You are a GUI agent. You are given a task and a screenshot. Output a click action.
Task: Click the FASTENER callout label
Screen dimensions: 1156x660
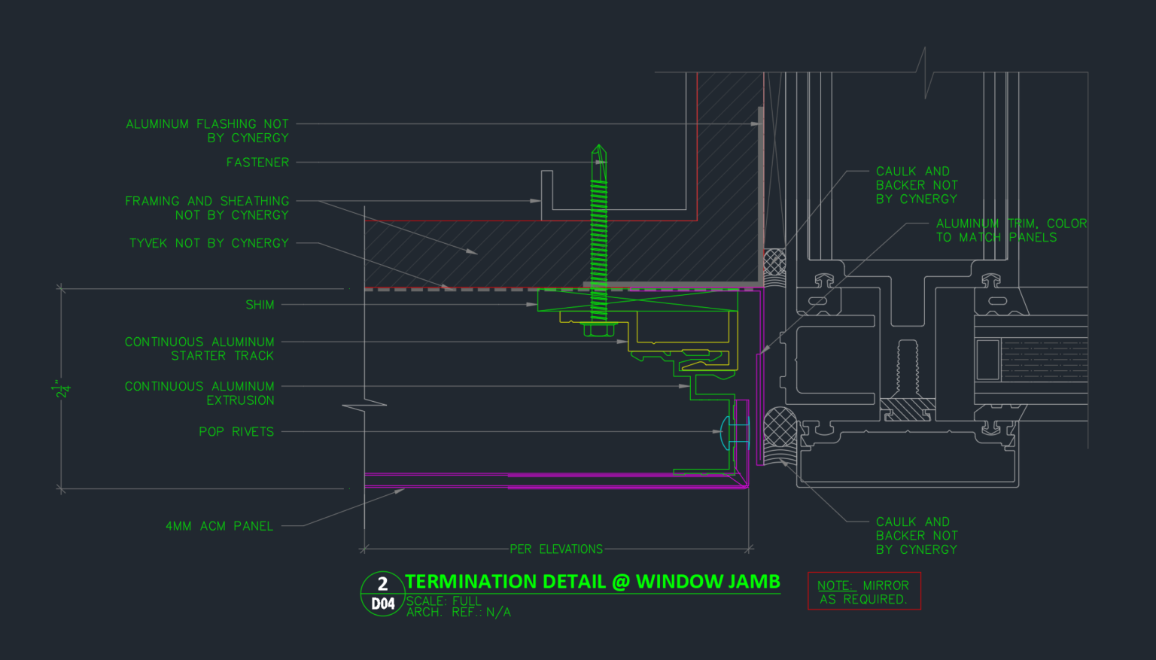tap(257, 163)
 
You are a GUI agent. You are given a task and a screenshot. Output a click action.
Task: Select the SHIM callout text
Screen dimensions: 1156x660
tap(260, 305)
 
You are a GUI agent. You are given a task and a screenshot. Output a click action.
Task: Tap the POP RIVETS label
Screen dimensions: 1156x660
tap(236, 432)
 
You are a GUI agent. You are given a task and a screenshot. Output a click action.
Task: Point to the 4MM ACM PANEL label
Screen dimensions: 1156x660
tap(219, 526)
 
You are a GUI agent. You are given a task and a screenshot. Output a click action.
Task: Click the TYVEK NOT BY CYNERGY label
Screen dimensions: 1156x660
tap(209, 243)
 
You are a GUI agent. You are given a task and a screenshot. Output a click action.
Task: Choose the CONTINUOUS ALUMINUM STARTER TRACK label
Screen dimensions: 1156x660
tap(199, 349)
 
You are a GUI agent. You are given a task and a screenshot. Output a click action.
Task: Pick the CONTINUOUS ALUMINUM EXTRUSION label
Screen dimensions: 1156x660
tap(199, 393)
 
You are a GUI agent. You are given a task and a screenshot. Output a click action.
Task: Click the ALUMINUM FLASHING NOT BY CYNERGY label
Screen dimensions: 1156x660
tap(208, 131)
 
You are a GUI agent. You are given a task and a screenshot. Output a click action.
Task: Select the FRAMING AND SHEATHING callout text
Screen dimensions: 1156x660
tap(207, 208)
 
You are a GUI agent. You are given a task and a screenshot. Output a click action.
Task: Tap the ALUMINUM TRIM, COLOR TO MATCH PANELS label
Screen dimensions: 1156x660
tap(1011, 231)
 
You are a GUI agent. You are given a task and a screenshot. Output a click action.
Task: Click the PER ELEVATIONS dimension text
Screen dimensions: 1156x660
tap(556, 549)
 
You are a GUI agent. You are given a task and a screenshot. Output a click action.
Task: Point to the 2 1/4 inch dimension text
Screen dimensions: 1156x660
tap(62, 390)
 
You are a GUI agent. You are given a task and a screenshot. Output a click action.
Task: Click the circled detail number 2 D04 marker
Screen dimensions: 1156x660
tap(382, 594)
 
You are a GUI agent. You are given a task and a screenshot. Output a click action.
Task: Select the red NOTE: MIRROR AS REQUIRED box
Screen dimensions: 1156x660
tap(865, 591)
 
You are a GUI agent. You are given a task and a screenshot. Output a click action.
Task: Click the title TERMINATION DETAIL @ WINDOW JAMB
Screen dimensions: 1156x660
tap(592, 582)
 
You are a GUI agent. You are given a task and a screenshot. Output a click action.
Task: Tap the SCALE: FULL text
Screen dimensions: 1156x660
tap(444, 601)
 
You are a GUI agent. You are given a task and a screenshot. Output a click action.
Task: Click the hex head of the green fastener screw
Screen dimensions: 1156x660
tap(598, 329)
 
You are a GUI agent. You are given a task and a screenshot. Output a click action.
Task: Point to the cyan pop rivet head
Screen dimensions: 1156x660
tap(725, 433)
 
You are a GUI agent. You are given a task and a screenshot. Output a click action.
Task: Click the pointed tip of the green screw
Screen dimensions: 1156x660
tap(598, 145)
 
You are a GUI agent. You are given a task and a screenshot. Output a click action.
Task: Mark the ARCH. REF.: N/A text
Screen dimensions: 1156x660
tap(458, 613)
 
